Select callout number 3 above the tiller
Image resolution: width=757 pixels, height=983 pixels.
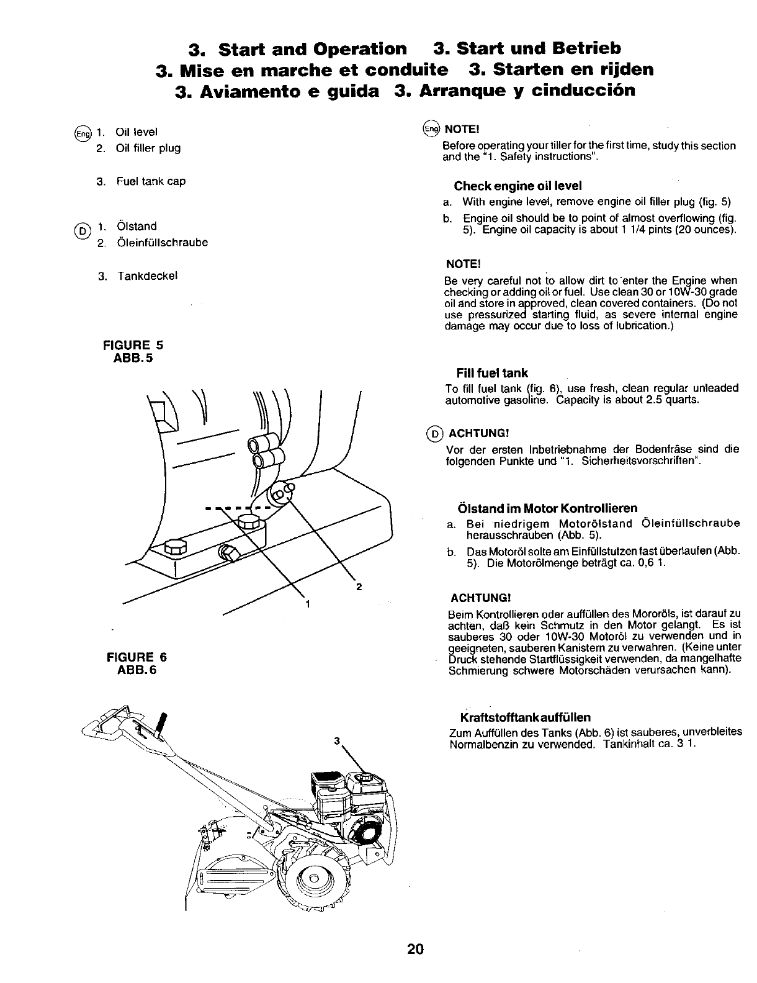click(x=336, y=740)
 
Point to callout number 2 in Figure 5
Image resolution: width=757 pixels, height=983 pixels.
click(x=359, y=587)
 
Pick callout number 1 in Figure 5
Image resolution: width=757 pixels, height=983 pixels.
click(x=307, y=603)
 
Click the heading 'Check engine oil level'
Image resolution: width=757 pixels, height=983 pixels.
click(x=517, y=186)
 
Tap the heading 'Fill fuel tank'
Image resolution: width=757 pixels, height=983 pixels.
click(x=491, y=373)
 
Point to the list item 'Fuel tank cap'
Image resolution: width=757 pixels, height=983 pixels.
click(x=150, y=181)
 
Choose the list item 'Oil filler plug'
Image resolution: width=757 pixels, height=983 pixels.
click(x=148, y=148)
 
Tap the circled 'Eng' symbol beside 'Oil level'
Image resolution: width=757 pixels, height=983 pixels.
click(x=82, y=133)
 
